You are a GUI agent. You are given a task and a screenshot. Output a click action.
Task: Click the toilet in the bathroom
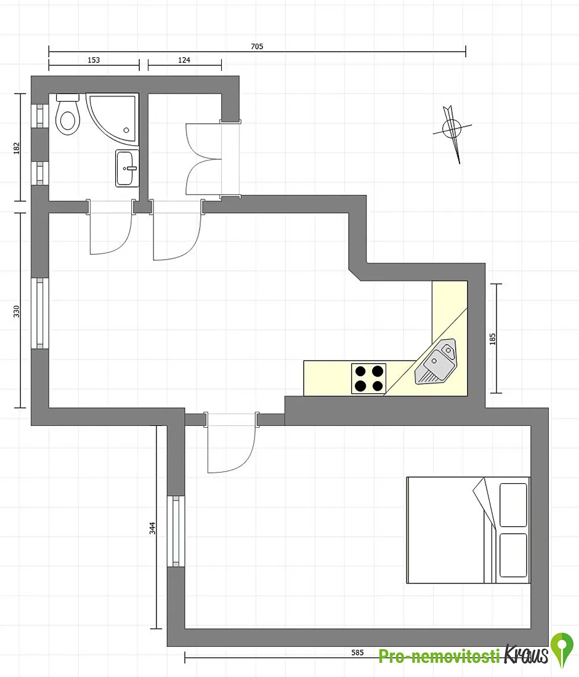(x=68, y=114)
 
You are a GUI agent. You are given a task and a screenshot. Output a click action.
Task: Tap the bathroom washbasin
(x=127, y=168)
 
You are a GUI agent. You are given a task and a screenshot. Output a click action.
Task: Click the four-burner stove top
(x=368, y=379)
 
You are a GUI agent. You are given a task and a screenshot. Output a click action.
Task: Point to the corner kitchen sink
(x=435, y=362)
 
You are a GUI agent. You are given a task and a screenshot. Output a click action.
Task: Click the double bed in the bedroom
(x=468, y=530)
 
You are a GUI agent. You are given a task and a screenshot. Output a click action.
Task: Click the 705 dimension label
(x=257, y=46)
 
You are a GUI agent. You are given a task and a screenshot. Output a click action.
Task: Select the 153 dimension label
(x=94, y=60)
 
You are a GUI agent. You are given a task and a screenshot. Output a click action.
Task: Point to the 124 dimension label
(x=184, y=60)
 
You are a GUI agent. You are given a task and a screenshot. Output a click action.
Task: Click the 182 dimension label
(x=17, y=148)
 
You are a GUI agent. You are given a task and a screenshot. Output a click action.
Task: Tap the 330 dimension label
(x=17, y=311)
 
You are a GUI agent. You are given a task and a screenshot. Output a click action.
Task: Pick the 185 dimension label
(x=493, y=339)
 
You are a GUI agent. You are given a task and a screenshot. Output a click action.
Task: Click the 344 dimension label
(x=152, y=528)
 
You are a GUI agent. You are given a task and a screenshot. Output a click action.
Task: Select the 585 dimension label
(x=357, y=652)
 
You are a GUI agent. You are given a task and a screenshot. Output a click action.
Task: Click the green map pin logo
(x=562, y=650)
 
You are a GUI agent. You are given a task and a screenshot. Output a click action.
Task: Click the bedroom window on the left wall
(x=176, y=531)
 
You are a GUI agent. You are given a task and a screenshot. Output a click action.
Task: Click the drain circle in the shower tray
(x=126, y=130)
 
